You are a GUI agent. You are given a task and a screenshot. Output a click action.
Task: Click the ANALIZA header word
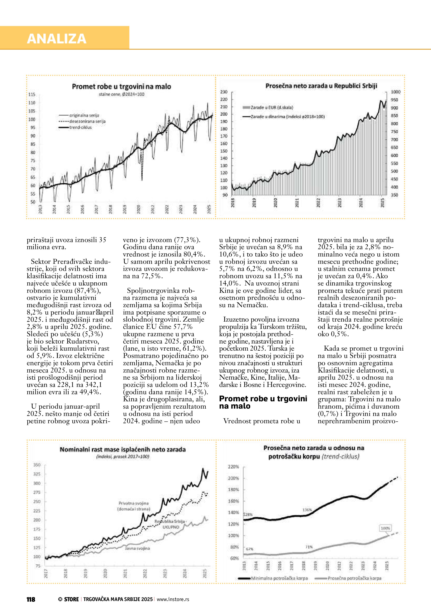(57, 39)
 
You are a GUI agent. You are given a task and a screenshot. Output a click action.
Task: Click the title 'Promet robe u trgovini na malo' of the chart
(121, 87)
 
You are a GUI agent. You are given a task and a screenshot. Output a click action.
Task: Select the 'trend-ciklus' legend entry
(80, 128)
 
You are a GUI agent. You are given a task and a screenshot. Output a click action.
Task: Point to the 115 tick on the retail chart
(32, 94)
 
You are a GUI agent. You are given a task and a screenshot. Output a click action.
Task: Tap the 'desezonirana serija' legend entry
(87, 121)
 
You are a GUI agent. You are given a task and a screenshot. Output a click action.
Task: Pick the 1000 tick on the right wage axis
(395, 92)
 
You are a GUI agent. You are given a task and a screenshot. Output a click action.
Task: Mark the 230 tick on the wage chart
(224, 92)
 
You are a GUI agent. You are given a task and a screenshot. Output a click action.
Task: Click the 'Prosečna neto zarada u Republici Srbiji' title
(321, 86)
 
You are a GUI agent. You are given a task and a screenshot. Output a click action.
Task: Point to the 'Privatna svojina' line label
(133, 503)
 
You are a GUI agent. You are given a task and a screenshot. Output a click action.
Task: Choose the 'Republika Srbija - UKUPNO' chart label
(171, 524)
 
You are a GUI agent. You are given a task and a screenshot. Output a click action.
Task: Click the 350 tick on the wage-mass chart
(37, 465)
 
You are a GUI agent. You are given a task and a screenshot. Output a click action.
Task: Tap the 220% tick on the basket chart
(233, 467)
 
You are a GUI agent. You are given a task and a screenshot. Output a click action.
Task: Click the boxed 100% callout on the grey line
(385, 528)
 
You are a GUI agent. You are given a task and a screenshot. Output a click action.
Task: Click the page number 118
(31, 599)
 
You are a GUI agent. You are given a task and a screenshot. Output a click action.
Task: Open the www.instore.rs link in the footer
(173, 599)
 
